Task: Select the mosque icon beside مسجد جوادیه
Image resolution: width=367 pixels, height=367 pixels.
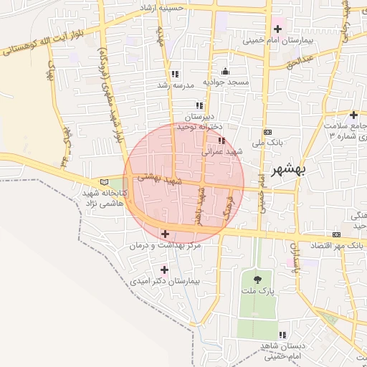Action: [x=227, y=71]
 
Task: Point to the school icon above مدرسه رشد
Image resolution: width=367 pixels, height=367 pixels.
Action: [x=175, y=74]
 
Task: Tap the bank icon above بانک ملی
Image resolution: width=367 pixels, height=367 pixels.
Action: [x=268, y=132]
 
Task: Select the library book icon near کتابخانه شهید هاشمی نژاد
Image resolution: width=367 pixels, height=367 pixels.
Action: [x=106, y=183]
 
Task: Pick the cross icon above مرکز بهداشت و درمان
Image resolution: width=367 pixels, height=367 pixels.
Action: [x=166, y=234]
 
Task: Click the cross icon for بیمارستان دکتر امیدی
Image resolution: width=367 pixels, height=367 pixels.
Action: [x=165, y=270]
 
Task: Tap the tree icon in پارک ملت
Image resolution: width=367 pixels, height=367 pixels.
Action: [x=257, y=280]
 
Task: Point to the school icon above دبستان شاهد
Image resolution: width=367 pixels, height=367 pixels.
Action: [x=282, y=335]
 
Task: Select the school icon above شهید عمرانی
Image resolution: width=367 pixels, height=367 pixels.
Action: [x=222, y=140]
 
